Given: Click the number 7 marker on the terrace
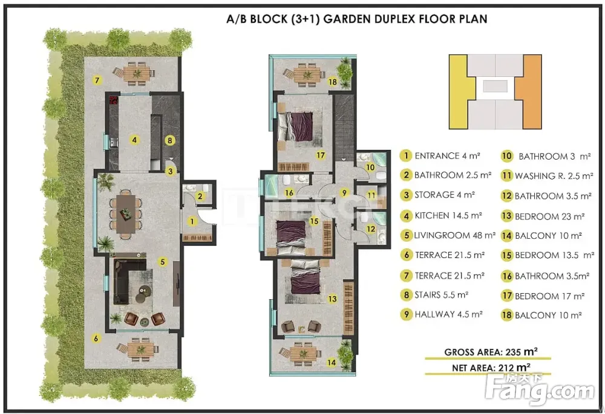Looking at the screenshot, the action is click(x=97, y=80).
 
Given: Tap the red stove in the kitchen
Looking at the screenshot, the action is click(x=113, y=100).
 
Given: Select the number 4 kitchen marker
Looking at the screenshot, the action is click(x=134, y=140).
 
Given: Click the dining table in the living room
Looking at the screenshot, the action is click(x=125, y=215).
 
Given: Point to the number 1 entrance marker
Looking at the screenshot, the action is click(x=192, y=221).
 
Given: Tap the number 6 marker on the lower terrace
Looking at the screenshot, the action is click(x=96, y=339).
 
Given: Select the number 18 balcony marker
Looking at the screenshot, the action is click(x=332, y=82).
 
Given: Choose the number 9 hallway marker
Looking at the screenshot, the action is click(x=344, y=193).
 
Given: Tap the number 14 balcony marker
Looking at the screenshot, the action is click(x=332, y=363).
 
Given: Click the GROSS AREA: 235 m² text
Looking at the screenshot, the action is click(x=491, y=352).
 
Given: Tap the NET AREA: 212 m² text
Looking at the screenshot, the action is click(x=491, y=367).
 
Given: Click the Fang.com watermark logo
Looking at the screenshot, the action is click(x=540, y=389).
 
